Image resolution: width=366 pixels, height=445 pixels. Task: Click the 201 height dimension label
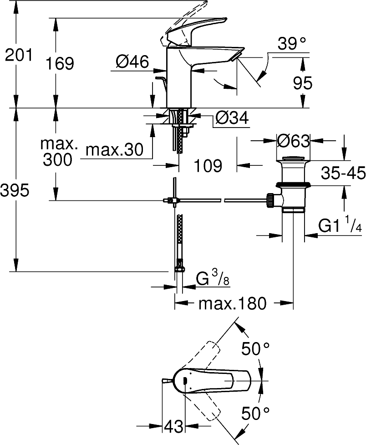(19, 56)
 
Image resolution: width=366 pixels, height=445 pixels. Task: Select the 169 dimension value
(60, 63)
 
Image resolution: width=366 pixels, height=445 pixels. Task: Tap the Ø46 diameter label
(132, 62)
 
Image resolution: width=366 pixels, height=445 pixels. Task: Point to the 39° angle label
(291, 44)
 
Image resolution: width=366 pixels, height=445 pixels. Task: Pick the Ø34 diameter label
(232, 118)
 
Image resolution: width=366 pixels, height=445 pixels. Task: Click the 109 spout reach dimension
(208, 166)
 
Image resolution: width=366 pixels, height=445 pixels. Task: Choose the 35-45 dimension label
(343, 173)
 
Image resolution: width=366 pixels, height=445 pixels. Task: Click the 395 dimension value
(16, 191)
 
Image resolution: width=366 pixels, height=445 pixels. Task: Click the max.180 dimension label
(232, 303)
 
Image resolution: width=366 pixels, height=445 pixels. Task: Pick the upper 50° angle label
(255, 349)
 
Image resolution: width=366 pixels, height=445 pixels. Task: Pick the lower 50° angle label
(255, 414)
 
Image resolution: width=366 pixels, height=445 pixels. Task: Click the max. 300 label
(58, 152)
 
